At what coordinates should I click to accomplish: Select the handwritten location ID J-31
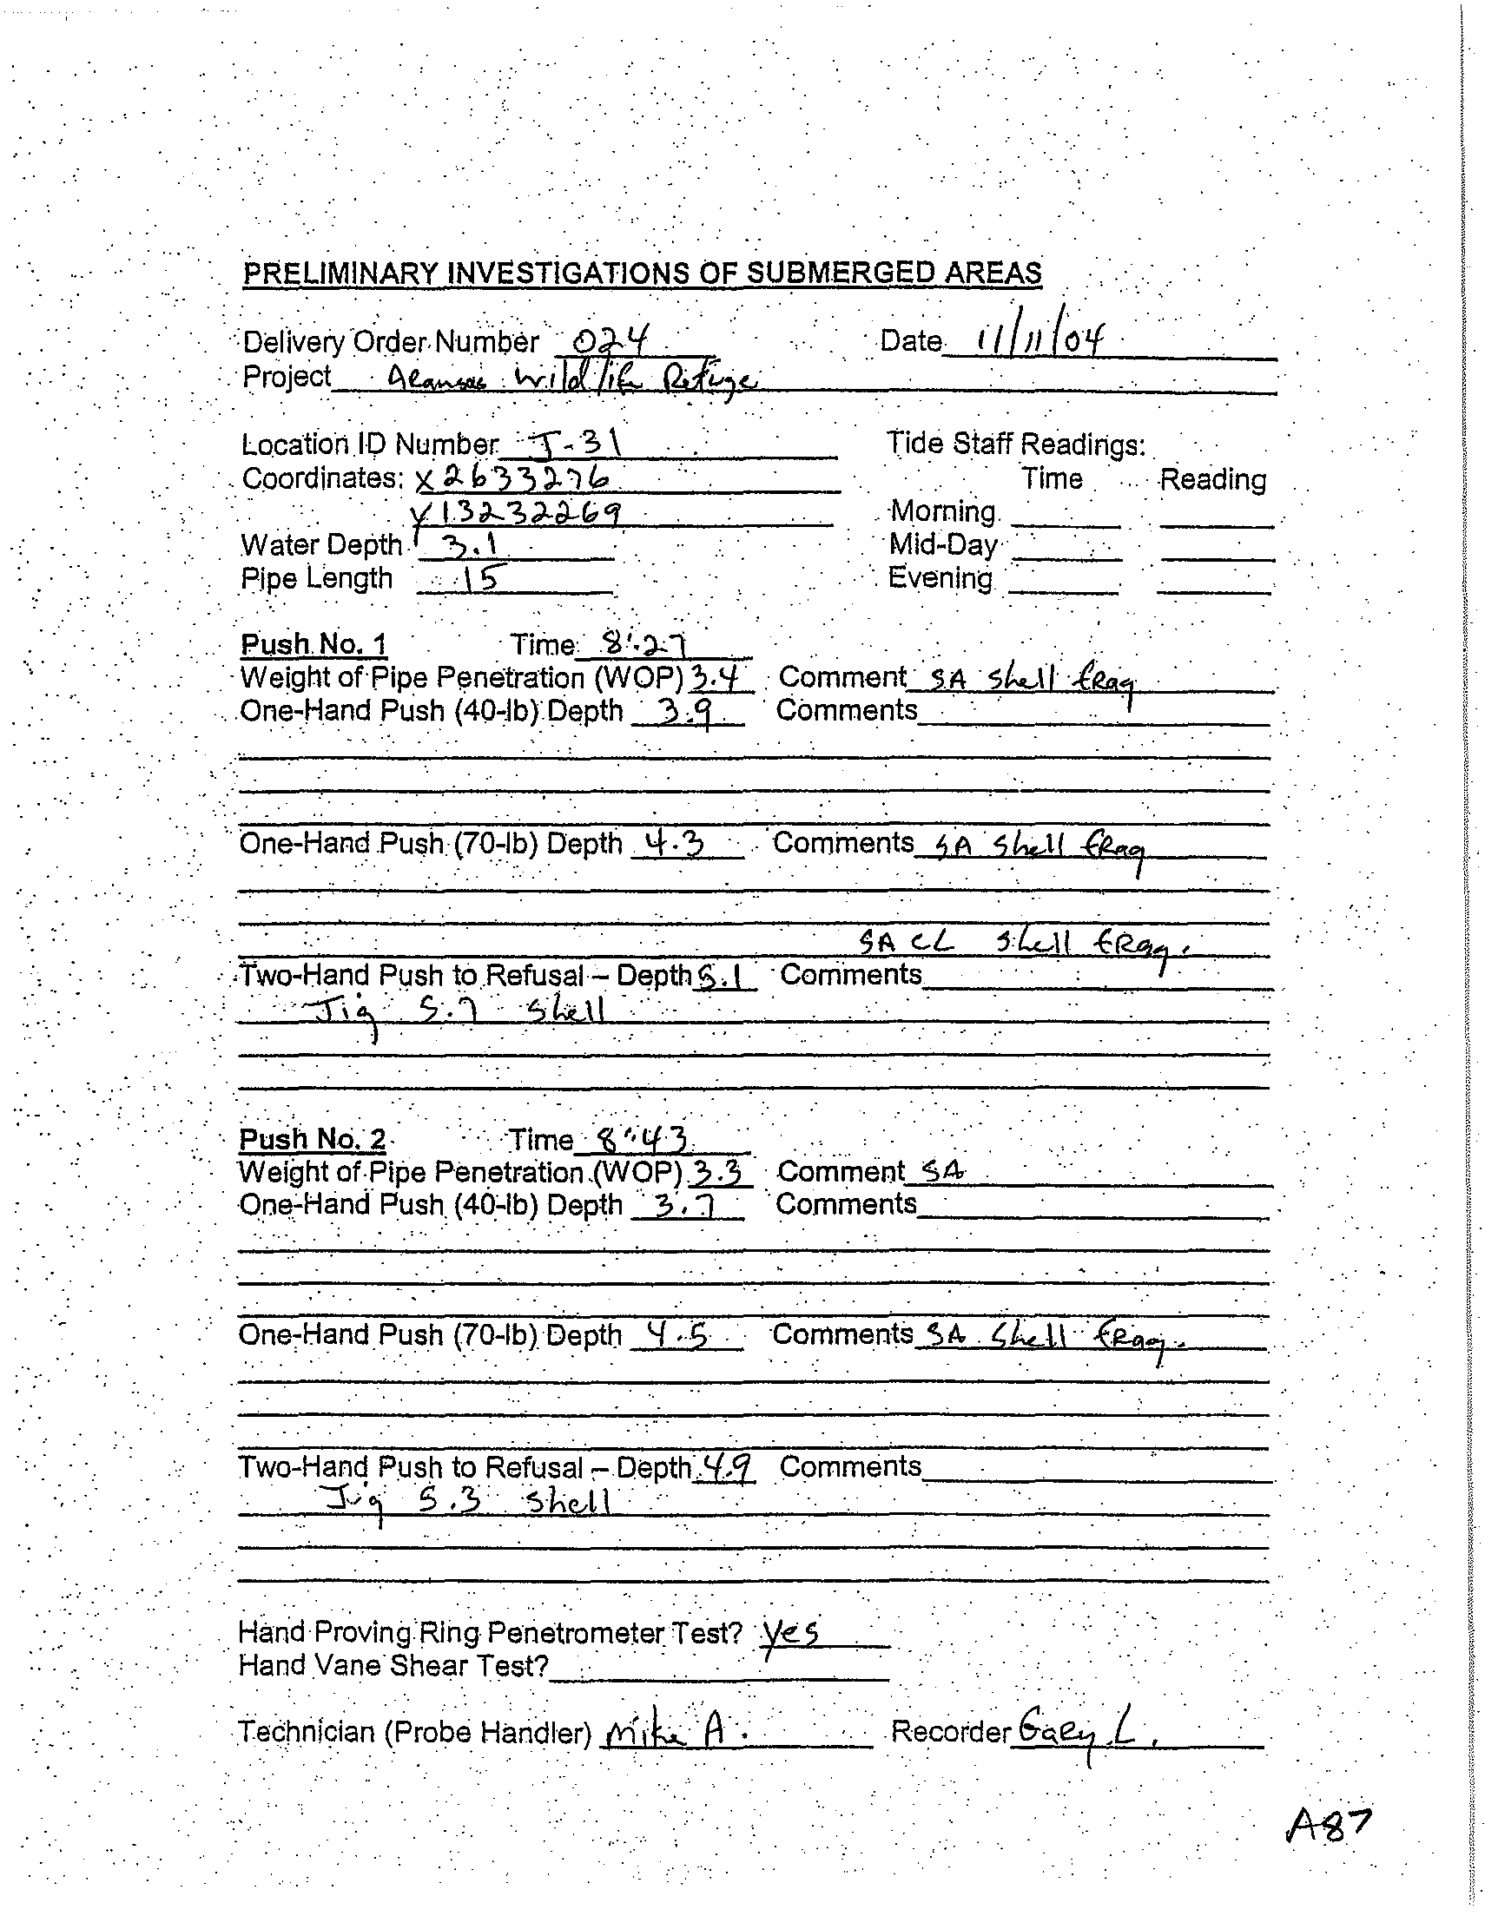coord(576,445)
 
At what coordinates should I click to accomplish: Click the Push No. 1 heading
coord(313,645)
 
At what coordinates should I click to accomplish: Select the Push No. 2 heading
coord(312,1139)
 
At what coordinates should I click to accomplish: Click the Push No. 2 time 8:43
coord(642,1140)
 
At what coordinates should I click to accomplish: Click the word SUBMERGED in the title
coord(841,273)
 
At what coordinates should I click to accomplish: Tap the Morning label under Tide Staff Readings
coord(942,511)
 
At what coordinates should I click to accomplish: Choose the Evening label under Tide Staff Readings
coord(940,578)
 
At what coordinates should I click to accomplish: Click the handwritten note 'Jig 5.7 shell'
coord(452,1014)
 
